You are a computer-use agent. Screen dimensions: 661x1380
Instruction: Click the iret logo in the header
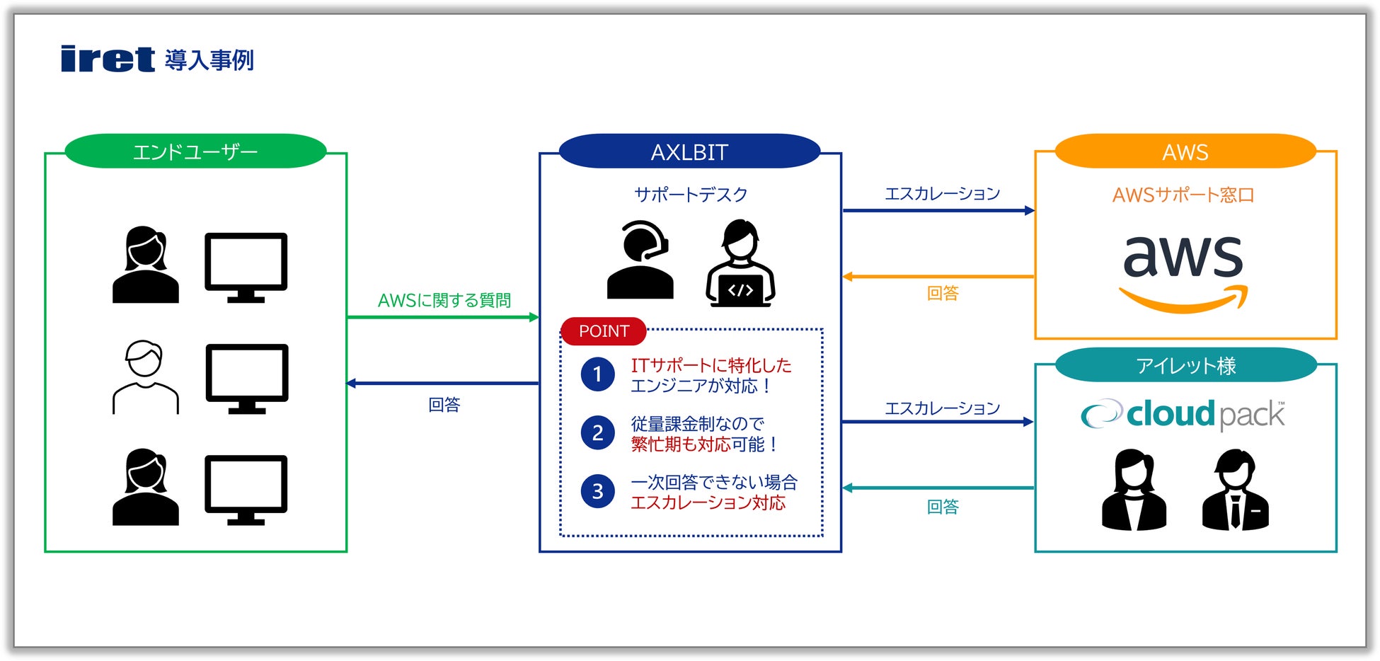coord(108,59)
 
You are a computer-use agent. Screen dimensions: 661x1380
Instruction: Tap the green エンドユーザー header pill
coord(195,151)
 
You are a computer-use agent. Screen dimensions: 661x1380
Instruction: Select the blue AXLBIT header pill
coord(689,151)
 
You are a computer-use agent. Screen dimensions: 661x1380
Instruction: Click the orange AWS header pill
coord(1185,151)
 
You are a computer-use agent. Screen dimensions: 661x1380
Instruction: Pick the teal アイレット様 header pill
coord(1185,365)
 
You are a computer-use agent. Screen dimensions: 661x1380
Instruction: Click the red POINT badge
coord(604,331)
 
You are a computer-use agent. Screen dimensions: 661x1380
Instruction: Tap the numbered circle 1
coord(597,374)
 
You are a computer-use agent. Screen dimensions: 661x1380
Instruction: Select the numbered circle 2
coord(597,433)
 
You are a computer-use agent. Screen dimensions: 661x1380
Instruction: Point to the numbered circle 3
coord(597,491)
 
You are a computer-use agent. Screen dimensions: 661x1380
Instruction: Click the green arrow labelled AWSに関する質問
coord(443,317)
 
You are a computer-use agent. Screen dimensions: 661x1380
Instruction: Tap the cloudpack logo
coord(1183,414)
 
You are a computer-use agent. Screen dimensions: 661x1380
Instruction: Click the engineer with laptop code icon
coord(740,263)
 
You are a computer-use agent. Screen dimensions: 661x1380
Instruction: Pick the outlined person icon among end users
coord(146,377)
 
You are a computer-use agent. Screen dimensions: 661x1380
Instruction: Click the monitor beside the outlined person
coord(246,378)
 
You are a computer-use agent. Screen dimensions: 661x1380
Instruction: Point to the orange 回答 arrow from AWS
coord(938,277)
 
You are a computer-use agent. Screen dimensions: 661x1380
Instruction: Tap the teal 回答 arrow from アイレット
coord(938,488)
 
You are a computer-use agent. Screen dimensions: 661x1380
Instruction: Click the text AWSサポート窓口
coord(1183,195)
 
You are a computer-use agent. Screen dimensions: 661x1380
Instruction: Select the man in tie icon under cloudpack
coord(1235,490)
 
